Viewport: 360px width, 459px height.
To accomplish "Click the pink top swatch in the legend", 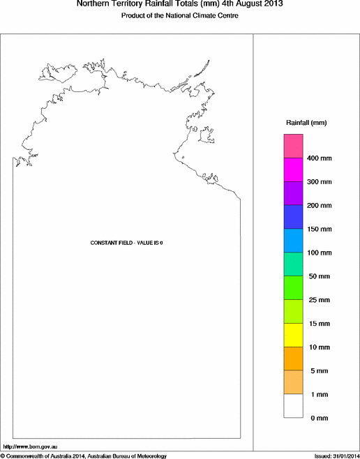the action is click(292, 146).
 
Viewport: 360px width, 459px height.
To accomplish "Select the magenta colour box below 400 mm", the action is click(292, 170).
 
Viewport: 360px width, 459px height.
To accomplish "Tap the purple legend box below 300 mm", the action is click(292, 193).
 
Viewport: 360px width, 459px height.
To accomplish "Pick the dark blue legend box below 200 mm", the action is click(292, 217).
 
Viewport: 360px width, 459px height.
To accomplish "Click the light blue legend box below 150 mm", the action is click(292, 241).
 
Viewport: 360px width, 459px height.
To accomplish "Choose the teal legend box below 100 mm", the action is click(292, 264).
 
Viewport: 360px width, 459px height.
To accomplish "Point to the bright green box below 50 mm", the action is click(292, 288).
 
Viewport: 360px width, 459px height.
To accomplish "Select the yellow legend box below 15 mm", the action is click(292, 336).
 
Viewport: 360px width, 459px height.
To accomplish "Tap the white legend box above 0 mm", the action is click(292, 407).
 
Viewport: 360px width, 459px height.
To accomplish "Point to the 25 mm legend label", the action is click(317, 300).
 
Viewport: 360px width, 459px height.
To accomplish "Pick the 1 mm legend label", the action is click(317, 395).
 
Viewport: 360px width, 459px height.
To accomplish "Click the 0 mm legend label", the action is click(317, 418).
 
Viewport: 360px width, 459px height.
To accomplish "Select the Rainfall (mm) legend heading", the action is click(306, 123).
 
